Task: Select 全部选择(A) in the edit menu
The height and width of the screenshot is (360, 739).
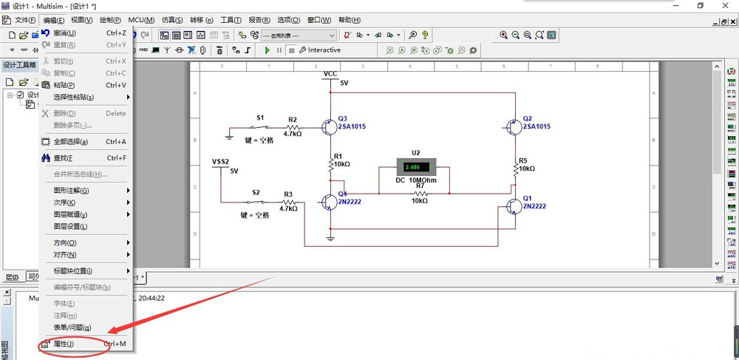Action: (70, 141)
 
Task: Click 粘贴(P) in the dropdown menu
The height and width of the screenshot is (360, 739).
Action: (64, 85)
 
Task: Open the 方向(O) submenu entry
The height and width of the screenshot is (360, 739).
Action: (65, 242)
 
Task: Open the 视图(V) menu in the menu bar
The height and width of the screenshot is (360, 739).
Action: (82, 20)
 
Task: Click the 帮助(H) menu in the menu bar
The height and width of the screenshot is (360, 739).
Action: (345, 20)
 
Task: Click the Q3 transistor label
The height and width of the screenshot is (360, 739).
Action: (342, 118)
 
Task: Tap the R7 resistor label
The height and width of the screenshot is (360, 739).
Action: (420, 185)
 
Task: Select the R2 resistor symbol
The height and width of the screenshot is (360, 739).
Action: (293, 126)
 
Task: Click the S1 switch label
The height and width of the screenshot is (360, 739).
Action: (260, 118)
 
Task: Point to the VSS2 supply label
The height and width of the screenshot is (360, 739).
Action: (221, 160)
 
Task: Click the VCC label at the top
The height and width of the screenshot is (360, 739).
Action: (330, 73)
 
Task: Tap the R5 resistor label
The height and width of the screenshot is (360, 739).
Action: (523, 160)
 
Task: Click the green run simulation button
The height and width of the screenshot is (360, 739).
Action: (268, 50)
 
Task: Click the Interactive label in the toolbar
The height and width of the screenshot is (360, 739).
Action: (324, 50)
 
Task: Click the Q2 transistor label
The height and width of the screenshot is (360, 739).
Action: (527, 118)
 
